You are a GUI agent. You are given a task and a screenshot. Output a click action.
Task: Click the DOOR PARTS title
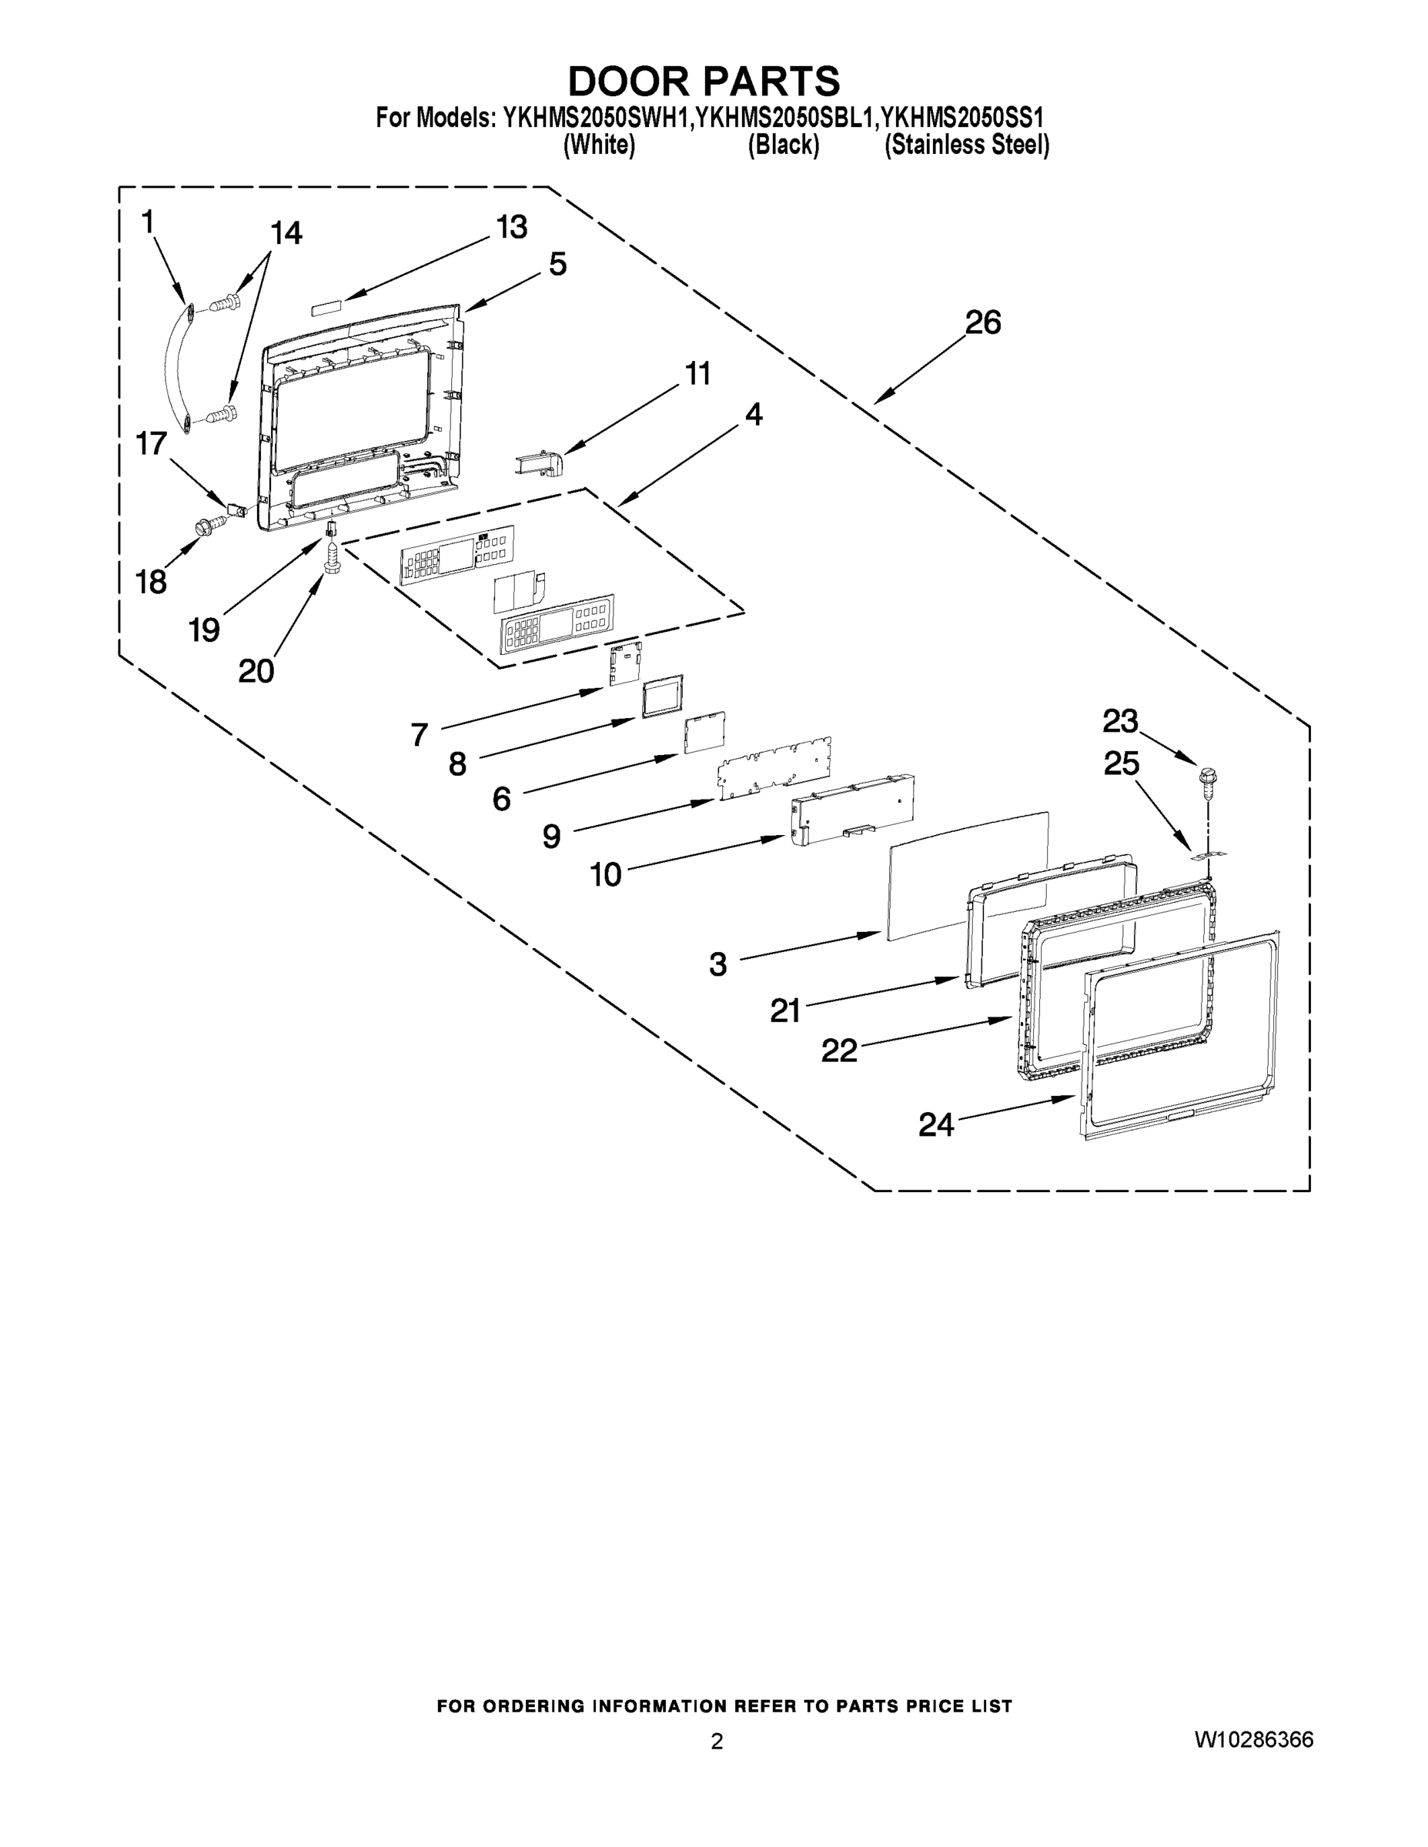tap(704, 81)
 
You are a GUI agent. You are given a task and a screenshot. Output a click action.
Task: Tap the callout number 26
tap(983, 322)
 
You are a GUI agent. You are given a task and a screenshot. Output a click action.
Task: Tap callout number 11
tap(698, 373)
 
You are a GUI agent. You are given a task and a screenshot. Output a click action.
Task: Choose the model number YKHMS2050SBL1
tap(785, 117)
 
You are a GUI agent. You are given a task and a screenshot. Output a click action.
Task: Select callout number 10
tap(606, 874)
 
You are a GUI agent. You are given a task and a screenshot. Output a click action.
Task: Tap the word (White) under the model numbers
tap(599, 145)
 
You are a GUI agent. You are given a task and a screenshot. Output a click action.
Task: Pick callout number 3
tap(717, 964)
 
